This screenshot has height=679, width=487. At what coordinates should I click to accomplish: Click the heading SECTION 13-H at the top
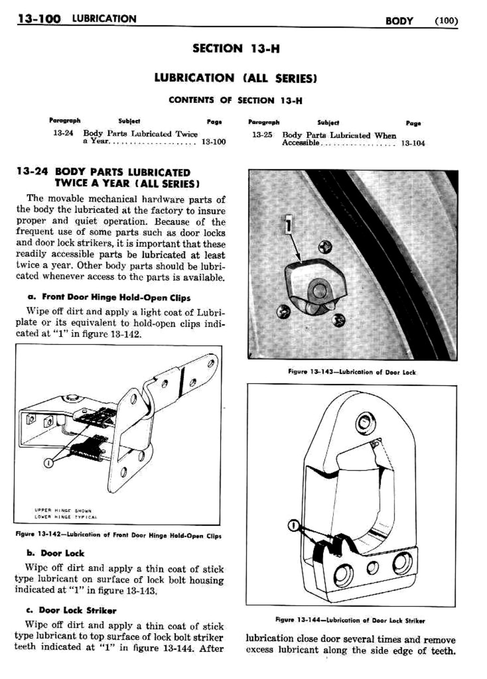pyautogui.click(x=236, y=48)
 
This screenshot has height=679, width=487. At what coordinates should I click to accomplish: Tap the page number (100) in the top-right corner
pyautogui.click(x=445, y=20)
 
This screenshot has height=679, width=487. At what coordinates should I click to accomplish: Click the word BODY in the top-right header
pyautogui.click(x=399, y=21)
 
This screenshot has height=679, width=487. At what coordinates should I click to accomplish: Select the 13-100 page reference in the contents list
pyautogui.click(x=214, y=142)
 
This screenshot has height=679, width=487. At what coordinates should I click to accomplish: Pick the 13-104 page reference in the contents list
pyautogui.click(x=413, y=143)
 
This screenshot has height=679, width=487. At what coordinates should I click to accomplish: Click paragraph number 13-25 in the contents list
pyautogui.click(x=262, y=135)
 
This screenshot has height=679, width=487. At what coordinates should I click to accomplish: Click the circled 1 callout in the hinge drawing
pyautogui.click(x=47, y=462)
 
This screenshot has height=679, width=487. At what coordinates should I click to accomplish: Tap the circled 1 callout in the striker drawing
pyautogui.click(x=292, y=525)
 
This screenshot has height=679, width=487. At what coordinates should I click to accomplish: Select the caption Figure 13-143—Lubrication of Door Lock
pyautogui.click(x=351, y=372)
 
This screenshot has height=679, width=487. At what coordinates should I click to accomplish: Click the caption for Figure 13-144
pyautogui.click(x=350, y=620)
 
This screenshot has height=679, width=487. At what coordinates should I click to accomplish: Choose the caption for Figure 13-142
pyautogui.click(x=119, y=536)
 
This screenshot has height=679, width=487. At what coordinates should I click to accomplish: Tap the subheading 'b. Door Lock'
pyautogui.click(x=55, y=553)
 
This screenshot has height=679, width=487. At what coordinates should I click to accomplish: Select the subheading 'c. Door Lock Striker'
pyautogui.click(x=71, y=610)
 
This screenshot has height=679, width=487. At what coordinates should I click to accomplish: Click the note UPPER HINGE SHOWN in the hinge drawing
pyautogui.click(x=63, y=511)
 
